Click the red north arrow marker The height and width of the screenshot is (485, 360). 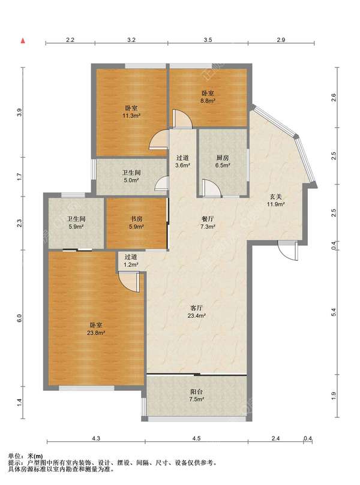22,41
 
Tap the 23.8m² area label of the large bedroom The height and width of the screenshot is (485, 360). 96,333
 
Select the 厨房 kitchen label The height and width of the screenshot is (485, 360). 223,158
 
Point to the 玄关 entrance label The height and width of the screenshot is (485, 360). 275,197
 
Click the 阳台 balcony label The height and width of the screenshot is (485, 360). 197,391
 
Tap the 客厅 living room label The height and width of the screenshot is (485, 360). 197,308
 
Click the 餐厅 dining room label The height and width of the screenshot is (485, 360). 208,219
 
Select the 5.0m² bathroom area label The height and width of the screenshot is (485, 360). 131,180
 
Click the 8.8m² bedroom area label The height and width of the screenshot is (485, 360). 208,101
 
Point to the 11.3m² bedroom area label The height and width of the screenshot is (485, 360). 131,116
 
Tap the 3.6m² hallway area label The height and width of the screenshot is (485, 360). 182,165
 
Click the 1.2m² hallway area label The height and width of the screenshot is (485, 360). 131,265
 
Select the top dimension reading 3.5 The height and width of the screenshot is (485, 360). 208,40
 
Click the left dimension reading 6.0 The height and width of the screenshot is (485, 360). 19,318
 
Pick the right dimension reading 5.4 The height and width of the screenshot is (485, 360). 334,312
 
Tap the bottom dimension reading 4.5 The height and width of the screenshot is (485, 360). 196,438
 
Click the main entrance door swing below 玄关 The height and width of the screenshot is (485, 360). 288,251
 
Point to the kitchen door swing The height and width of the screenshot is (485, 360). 211,189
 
